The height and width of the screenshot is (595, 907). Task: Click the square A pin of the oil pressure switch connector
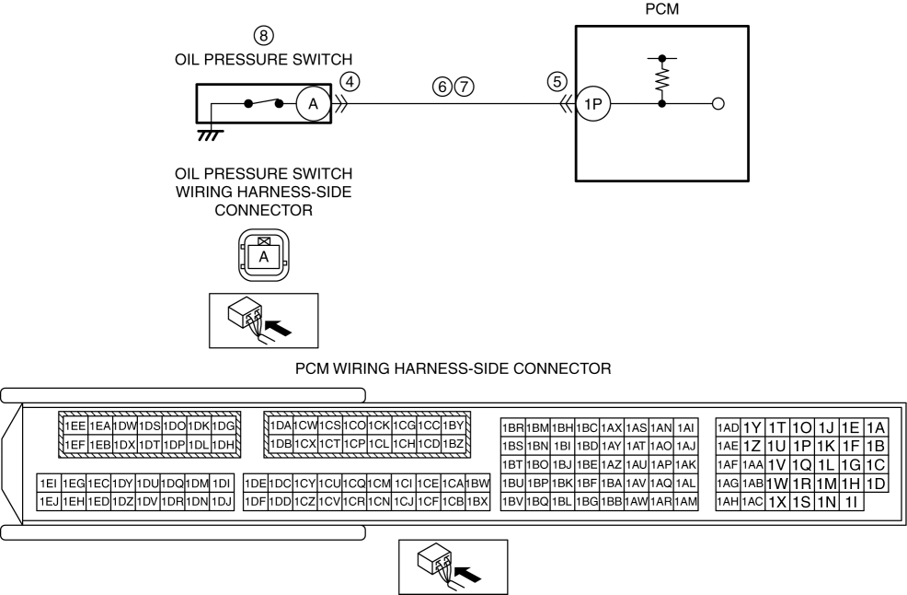[x=263, y=257]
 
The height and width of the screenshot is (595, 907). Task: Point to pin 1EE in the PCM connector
[x=75, y=426]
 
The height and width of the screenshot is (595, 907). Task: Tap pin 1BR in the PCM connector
[x=512, y=428]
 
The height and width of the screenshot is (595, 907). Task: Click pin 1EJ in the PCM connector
[x=49, y=500]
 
